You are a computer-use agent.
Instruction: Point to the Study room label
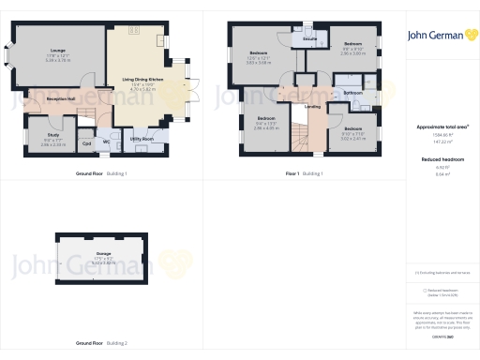click(x=52, y=135)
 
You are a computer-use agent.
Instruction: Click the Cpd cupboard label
click(x=87, y=143)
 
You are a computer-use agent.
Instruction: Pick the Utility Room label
click(x=142, y=138)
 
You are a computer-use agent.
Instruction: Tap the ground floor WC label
click(x=106, y=143)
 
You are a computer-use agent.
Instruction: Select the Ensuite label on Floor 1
click(x=309, y=40)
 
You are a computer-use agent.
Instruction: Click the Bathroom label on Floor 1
click(x=352, y=94)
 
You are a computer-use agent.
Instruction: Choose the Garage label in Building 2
click(x=103, y=253)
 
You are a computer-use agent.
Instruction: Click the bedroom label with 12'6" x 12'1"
click(x=259, y=52)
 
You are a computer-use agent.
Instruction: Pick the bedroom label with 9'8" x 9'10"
click(x=352, y=44)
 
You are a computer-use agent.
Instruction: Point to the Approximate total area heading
click(x=442, y=126)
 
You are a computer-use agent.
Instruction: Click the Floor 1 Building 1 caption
click(x=306, y=174)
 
